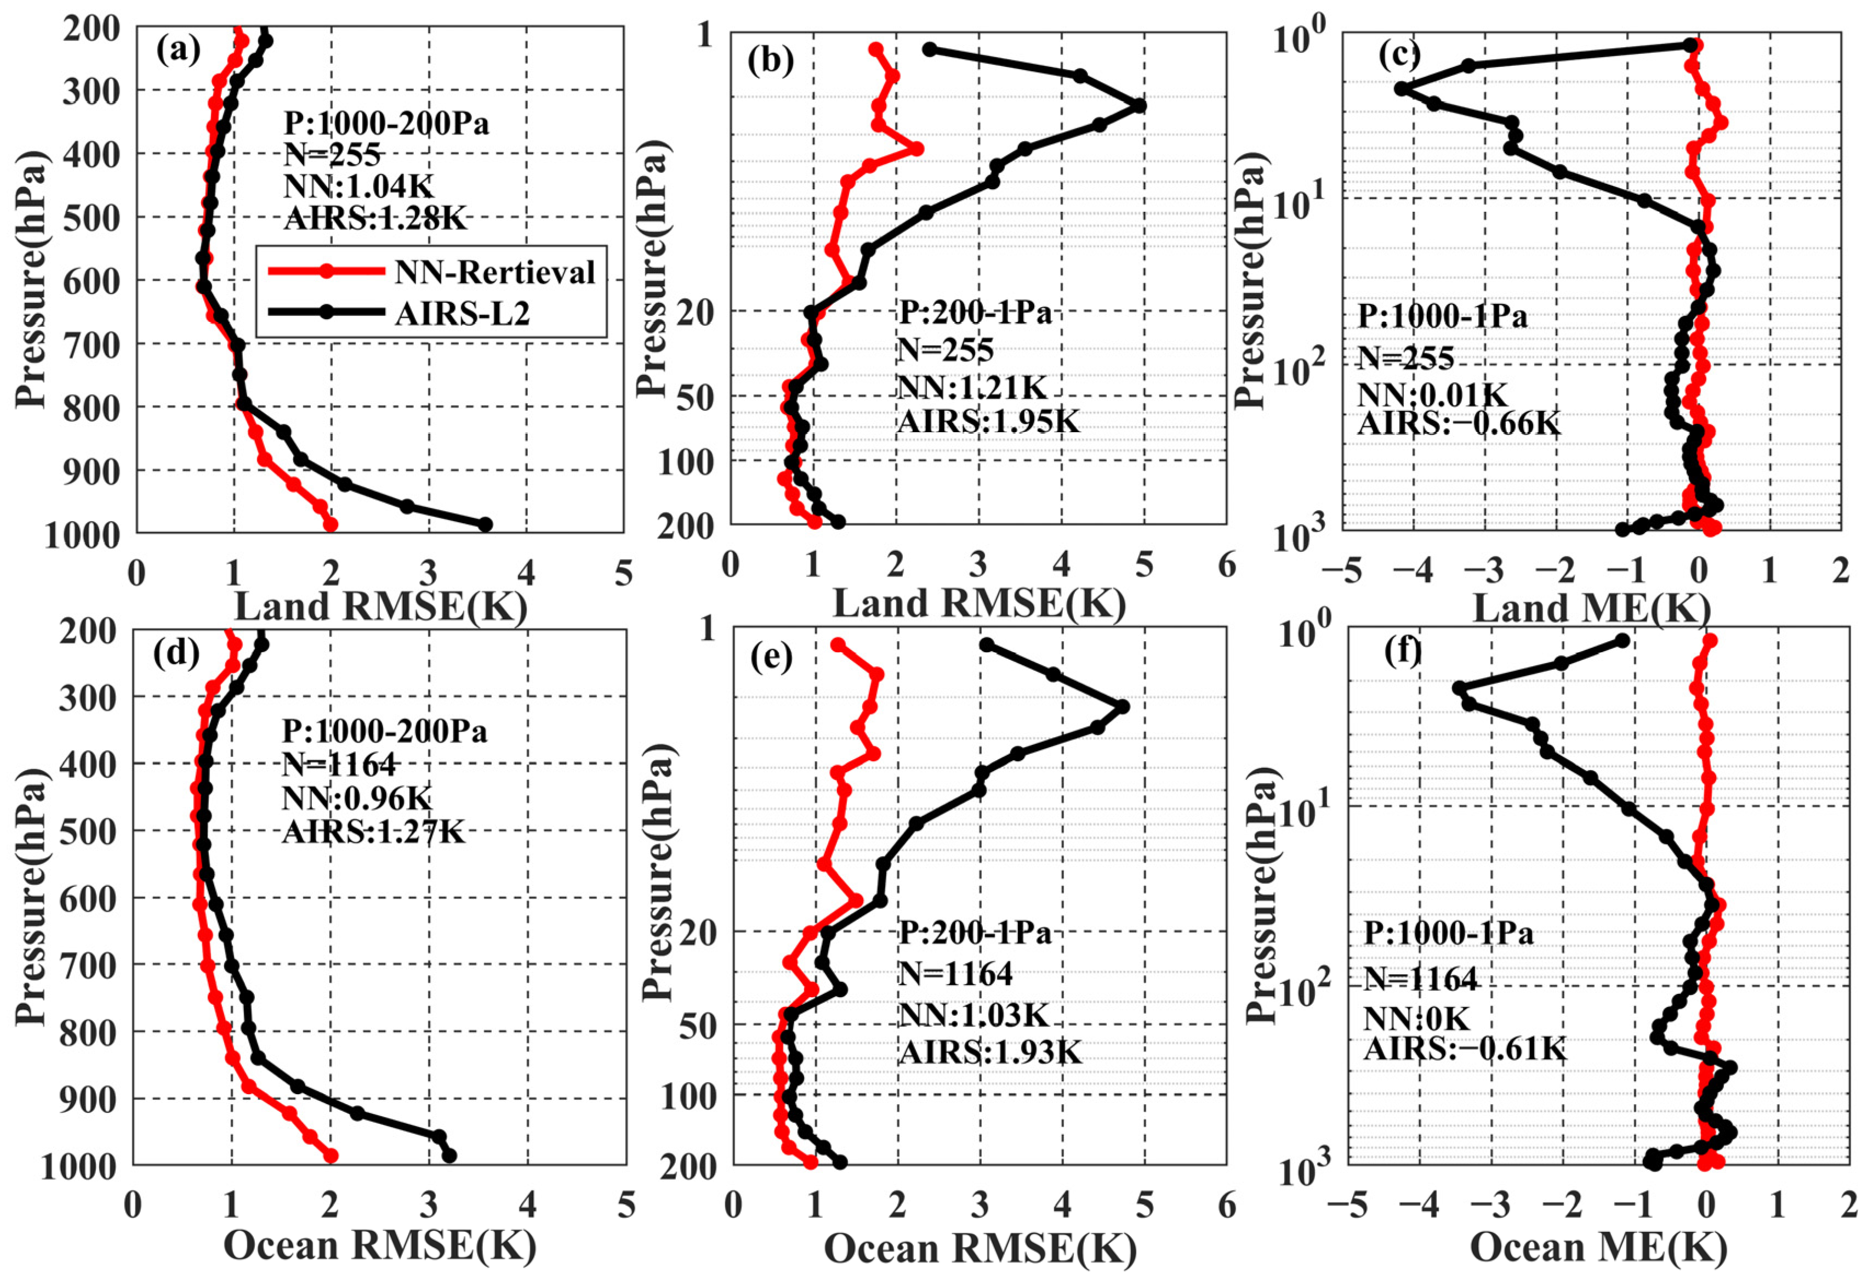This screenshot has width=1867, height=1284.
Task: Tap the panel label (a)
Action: pos(178,50)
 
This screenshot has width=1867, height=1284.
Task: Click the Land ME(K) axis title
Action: pos(1591,609)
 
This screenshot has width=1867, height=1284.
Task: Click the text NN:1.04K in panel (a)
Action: pos(358,186)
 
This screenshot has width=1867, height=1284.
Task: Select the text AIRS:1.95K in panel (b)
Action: pos(987,421)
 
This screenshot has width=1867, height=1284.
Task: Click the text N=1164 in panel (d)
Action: pos(339,764)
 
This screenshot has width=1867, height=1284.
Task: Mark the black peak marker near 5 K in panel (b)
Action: pos(1138,105)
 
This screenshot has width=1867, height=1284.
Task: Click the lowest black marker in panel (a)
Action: pos(485,524)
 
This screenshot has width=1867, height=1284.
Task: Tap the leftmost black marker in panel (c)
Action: pos(1402,88)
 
